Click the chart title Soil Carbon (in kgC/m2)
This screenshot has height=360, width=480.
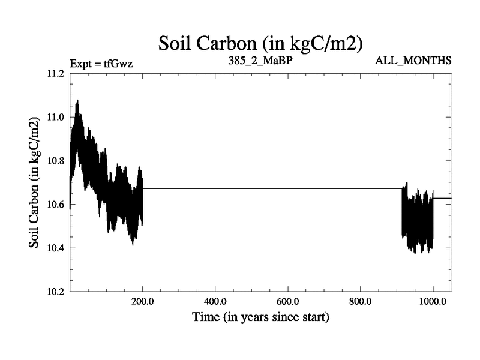pos(260,43)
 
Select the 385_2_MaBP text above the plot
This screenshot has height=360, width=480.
pos(260,61)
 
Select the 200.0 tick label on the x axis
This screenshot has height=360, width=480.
pos(143,302)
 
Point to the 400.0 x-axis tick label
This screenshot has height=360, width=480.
pos(215,302)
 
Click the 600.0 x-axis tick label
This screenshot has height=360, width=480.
pos(288,302)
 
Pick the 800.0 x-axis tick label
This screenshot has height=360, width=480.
pos(361,302)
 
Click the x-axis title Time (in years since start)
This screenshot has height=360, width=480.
pos(260,317)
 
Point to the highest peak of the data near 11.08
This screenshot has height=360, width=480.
pos(77,101)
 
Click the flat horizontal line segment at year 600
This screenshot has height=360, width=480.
pos(288,188)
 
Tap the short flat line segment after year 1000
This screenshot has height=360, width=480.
pos(442,197)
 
